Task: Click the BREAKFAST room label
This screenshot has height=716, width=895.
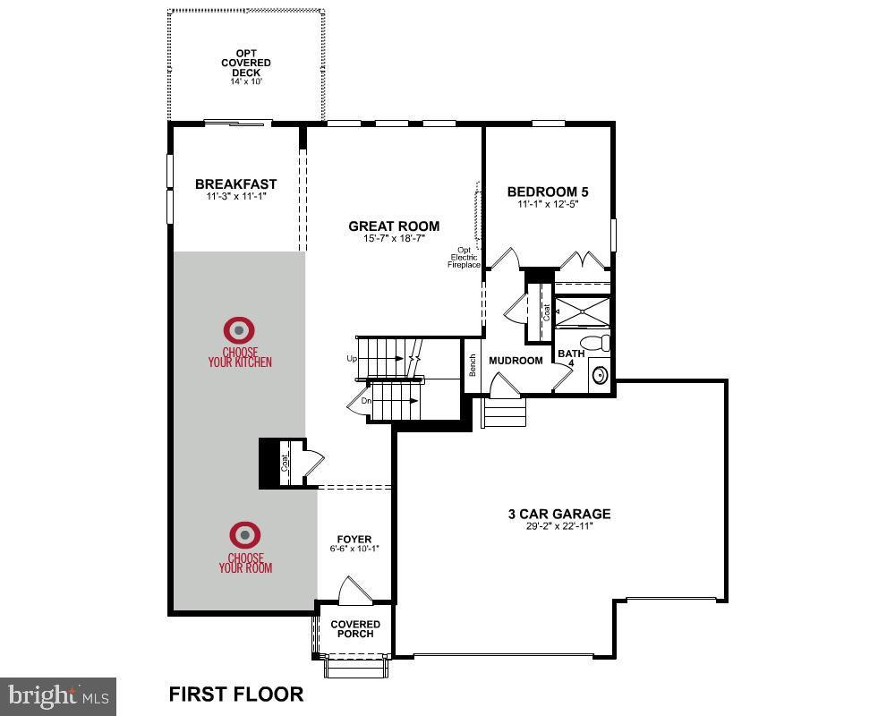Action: coord(236,184)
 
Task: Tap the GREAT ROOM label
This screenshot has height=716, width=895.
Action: coord(394,226)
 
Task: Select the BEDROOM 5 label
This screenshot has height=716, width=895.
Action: coord(548,192)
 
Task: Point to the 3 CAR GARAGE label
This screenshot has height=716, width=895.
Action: coord(559,514)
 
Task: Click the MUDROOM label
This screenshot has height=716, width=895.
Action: coord(516,361)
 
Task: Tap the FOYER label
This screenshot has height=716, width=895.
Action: coord(355,539)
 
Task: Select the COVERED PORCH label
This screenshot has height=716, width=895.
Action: coord(355,629)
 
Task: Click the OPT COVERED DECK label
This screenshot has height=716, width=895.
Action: coord(246,63)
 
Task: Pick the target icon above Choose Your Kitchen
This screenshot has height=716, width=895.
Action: coord(240,329)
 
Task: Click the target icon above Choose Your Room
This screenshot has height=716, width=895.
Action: coord(245,535)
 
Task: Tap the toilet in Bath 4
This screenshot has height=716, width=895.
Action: coord(596,344)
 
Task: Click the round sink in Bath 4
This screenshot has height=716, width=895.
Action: coord(599,375)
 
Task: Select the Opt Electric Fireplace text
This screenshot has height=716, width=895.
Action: coord(465,258)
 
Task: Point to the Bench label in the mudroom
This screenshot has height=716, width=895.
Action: coord(472,365)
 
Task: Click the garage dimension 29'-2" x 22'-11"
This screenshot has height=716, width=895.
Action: coord(559,527)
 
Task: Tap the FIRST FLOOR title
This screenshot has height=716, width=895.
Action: coord(236,694)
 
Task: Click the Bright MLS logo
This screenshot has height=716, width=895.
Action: coord(58,695)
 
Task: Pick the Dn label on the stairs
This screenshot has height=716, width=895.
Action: coord(366,401)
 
